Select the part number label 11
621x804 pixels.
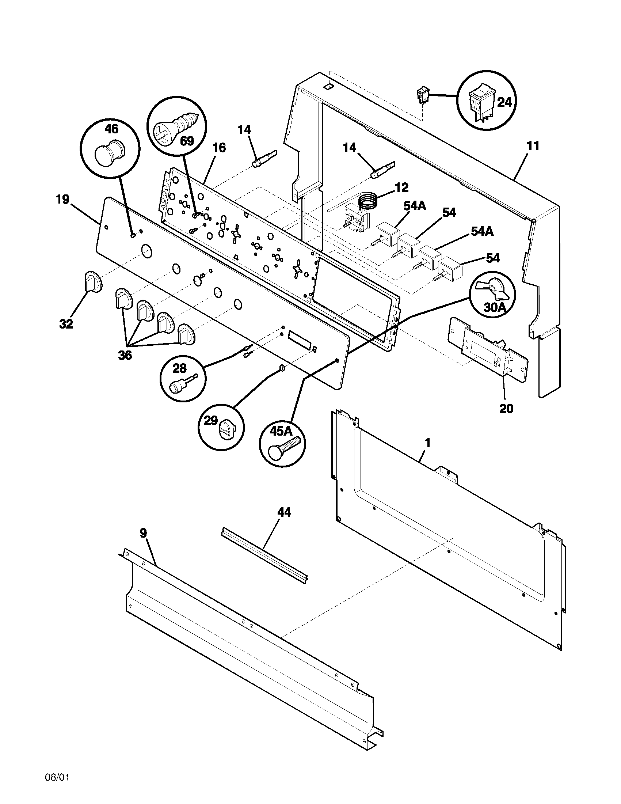pos(533,146)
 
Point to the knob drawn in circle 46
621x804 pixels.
pos(110,152)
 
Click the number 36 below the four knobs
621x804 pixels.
pos(125,356)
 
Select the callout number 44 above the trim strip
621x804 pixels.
pos(284,512)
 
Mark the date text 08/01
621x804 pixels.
pos(57,785)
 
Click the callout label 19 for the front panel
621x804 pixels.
pos(62,200)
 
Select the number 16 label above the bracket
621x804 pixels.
pos(219,148)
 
